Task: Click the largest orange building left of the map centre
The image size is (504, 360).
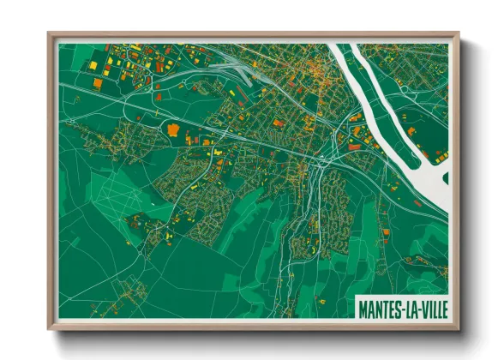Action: tap(174, 130)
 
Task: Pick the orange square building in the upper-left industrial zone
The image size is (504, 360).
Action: tap(97, 84)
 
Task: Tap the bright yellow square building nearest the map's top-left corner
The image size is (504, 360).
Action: tap(93, 64)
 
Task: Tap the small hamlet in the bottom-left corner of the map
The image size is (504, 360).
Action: tap(129, 287)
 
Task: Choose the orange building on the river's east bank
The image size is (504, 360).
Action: tap(412, 131)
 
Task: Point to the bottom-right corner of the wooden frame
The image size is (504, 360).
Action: tap(457, 328)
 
